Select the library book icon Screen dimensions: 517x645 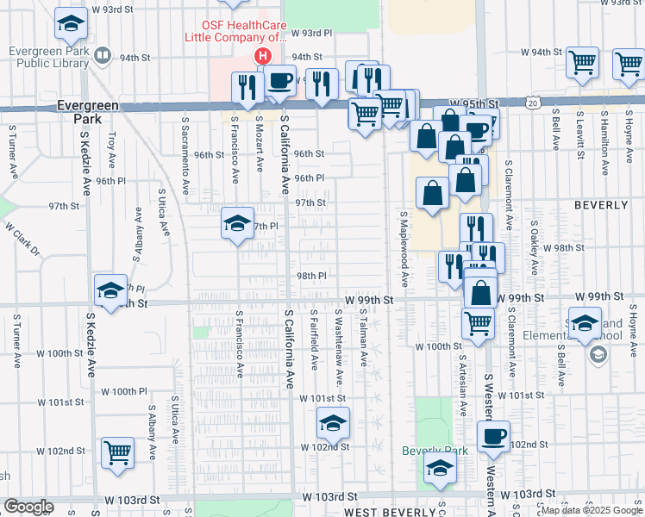pos(103,57)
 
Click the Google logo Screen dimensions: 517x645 pos(28,506)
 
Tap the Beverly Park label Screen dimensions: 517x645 pos(435,451)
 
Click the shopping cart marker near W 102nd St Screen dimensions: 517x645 pos(117,452)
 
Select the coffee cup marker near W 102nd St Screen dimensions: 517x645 pos(493,437)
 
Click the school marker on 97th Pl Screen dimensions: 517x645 pos(238,224)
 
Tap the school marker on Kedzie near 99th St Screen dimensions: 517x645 pos(110,290)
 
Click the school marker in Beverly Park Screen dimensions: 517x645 pos(441,470)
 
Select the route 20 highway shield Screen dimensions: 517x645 pos(534,103)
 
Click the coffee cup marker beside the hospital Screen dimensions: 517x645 pos(279,82)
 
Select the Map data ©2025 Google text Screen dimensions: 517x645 pos(591,510)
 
